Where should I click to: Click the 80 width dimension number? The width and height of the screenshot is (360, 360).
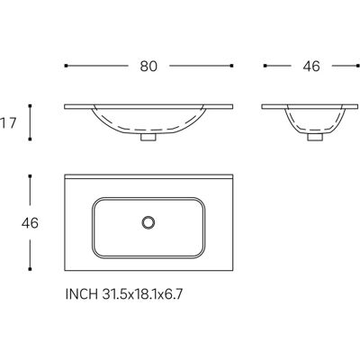tap(148, 67)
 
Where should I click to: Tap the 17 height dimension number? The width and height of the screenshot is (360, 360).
tap(8, 123)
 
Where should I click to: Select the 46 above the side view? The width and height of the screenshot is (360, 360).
tap(311, 67)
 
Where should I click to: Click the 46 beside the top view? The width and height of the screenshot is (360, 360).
tap(30, 223)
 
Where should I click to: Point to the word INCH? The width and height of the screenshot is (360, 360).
tap(82, 294)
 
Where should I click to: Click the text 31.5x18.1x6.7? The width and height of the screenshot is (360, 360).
tap(142, 294)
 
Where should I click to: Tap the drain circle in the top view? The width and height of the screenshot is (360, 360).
tap(148, 222)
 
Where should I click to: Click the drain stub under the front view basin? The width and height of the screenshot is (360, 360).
tap(148, 137)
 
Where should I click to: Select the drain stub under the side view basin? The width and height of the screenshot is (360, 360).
tap(315, 137)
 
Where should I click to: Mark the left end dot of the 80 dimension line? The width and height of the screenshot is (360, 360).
tap(66, 66)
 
